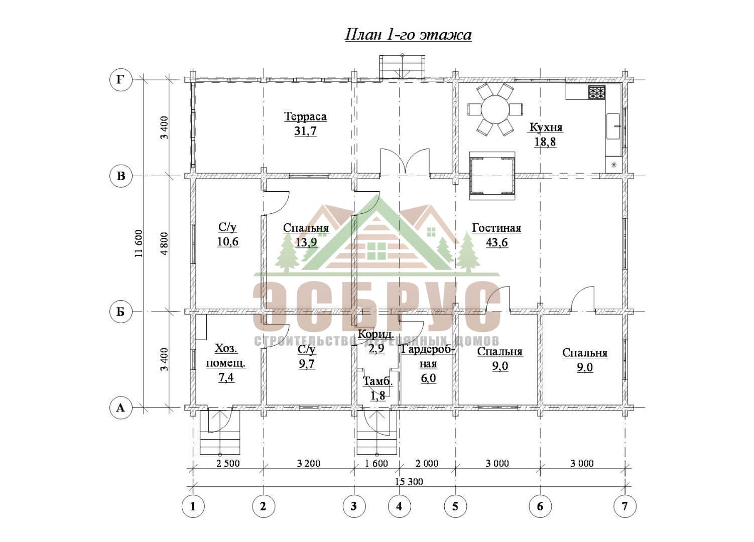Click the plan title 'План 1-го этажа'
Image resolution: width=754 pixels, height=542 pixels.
408,35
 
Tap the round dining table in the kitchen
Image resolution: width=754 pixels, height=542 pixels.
495,110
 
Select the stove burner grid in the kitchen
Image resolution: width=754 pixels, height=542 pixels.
597,92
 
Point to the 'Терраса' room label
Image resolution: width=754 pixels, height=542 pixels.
305,116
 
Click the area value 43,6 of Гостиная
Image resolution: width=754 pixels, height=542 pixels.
497,242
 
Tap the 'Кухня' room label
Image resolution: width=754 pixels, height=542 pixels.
546,127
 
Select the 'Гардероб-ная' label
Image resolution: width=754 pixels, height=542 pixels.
428,357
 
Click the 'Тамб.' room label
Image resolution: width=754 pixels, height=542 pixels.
378,381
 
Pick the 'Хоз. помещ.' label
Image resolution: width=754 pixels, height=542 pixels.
226,356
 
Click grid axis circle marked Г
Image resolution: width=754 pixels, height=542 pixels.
120,80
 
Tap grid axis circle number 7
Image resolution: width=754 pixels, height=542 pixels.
625,506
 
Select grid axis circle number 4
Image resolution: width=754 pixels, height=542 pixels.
399,506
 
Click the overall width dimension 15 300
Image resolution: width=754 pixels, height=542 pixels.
409,482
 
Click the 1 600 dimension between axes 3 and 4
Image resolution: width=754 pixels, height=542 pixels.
376,463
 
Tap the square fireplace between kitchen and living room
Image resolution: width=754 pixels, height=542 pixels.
492,176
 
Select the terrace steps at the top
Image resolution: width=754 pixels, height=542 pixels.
402,67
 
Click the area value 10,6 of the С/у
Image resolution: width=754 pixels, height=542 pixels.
228,241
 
